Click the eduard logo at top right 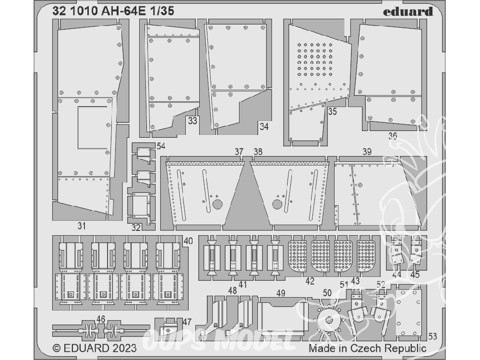408,12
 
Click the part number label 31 82,226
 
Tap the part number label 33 192,121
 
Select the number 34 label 264,126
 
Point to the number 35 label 333,111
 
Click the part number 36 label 393,136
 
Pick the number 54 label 161,146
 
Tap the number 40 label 188,241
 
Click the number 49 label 280,293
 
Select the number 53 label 432,336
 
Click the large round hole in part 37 217,204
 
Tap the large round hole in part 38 277,204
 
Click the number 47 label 187,322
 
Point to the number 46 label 101,319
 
